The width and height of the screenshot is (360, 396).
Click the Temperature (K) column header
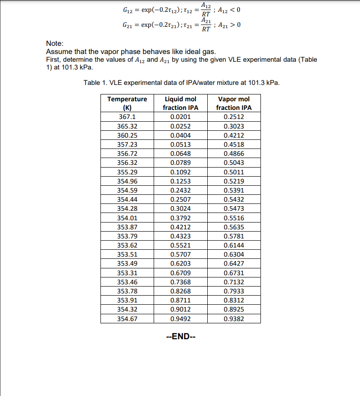[x=127, y=103]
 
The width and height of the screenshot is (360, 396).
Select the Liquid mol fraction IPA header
[x=180, y=103]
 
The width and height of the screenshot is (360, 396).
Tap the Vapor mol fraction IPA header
[x=234, y=103]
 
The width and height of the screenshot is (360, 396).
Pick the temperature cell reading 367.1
[x=127, y=117]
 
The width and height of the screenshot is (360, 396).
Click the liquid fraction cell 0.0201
[x=180, y=117]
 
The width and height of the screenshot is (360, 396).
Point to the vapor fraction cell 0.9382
[x=234, y=319]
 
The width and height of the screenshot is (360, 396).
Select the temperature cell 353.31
[x=127, y=273]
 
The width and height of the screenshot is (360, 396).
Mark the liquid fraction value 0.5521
[x=180, y=245]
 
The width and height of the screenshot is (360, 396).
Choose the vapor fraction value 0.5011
[x=234, y=172]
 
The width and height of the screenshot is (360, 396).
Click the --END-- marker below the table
[x=180, y=337]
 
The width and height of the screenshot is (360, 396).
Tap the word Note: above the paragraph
[x=55, y=43]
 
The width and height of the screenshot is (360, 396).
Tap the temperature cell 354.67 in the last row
[x=127, y=319]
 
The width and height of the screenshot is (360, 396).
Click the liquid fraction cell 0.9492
[x=180, y=319]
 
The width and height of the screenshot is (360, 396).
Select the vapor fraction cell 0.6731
[x=234, y=273]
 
